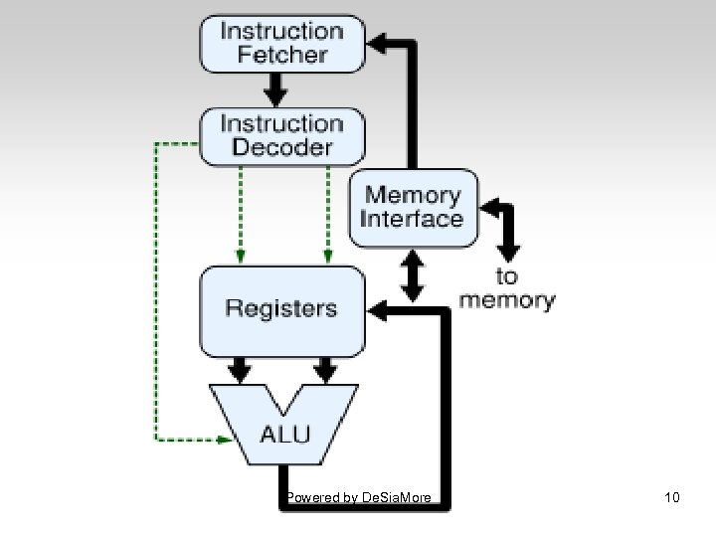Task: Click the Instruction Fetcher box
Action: [x=282, y=42]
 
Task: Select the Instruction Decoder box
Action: [x=282, y=135]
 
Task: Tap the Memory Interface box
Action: [x=412, y=208]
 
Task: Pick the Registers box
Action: [x=281, y=308]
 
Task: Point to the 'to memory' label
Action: [x=507, y=288]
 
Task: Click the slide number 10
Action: [x=672, y=496]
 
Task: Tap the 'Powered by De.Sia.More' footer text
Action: [x=358, y=496]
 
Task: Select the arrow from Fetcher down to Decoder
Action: [x=277, y=90]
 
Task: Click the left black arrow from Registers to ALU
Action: [x=240, y=370]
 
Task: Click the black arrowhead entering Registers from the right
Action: [x=379, y=310]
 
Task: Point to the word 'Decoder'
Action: [x=281, y=147]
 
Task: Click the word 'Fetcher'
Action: [x=282, y=54]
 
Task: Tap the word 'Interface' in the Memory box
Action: [x=412, y=220]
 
